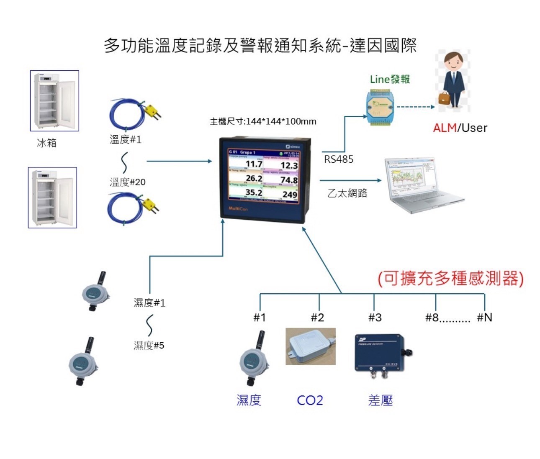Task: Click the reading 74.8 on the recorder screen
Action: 289,179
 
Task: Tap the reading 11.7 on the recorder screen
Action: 254,164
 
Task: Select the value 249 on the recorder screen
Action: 290,194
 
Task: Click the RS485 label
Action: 339,159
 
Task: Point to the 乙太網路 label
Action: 347,193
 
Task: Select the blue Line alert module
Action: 380,107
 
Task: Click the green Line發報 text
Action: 390,79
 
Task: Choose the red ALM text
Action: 445,128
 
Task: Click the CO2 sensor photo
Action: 310,346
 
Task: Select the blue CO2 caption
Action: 310,400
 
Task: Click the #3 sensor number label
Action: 375,318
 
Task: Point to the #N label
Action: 484,318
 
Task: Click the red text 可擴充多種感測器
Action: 450,278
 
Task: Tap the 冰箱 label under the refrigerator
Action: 46,143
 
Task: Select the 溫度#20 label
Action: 127,182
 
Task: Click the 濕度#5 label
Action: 149,345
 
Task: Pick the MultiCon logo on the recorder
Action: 238,208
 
